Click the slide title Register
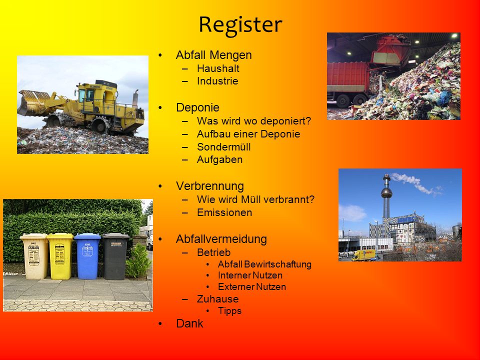point(240,25)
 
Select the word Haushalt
point(218,68)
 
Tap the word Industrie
point(217,81)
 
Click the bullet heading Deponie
point(198,107)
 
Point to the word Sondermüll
point(224,147)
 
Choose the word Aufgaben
point(220,160)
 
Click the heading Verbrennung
point(210,186)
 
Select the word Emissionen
point(224,212)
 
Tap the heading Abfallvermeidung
point(221,239)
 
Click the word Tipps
point(229,311)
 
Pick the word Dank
point(189,323)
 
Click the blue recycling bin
point(87,256)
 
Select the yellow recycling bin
point(60,256)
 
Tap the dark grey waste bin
point(115,256)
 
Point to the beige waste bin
point(34,256)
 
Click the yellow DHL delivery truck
point(363,255)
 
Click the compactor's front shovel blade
point(32,102)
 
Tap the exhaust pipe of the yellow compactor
point(135,98)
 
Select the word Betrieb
point(213,252)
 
